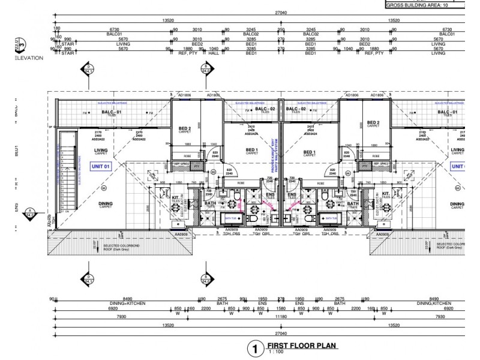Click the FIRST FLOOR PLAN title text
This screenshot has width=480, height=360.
pos(301,346)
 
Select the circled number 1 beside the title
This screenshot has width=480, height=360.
pos(255,348)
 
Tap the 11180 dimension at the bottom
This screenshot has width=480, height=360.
pos(281,316)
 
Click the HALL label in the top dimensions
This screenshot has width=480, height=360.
pos(214,53)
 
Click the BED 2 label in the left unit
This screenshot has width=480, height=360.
pos(184,128)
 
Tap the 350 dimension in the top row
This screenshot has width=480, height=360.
pos(281,29)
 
